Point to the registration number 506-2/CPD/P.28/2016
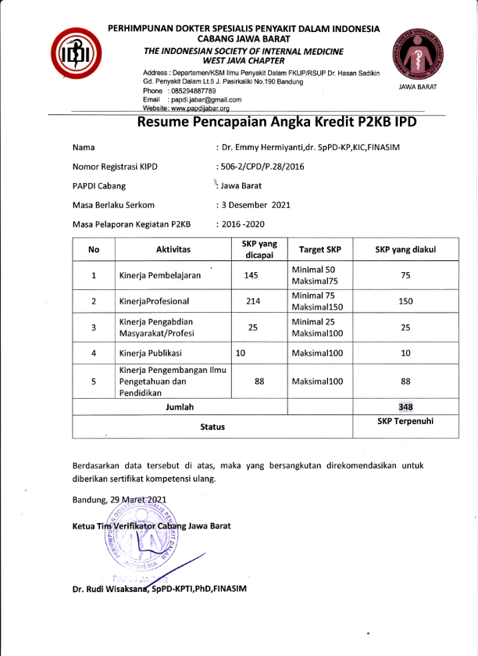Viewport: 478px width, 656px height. point(261,167)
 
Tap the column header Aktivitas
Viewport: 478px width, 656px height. point(173,249)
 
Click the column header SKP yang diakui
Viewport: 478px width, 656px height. point(405,249)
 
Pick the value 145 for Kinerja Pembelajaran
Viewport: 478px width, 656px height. point(251,275)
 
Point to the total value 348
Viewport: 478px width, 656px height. point(405,407)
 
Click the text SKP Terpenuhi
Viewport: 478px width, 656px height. point(405,421)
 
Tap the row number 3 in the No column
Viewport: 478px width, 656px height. point(94,328)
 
